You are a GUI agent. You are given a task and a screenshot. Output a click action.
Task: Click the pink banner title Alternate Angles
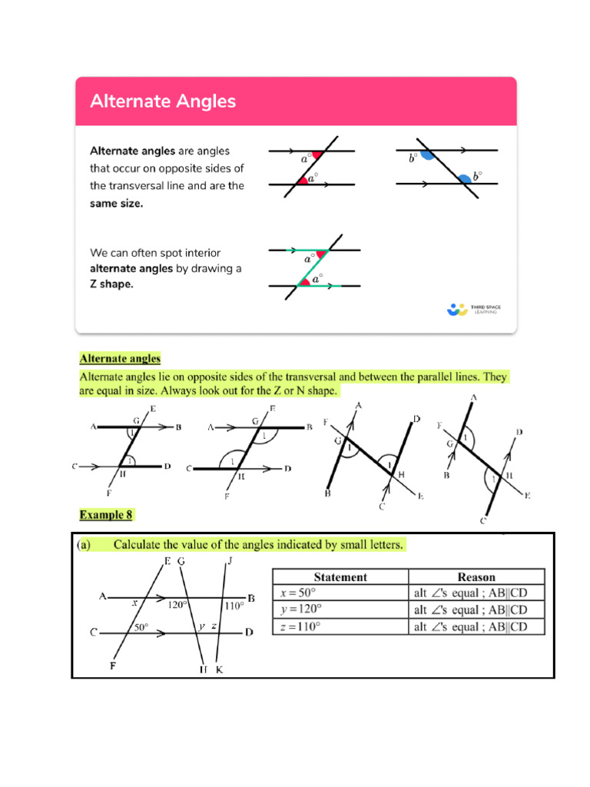[x=163, y=101]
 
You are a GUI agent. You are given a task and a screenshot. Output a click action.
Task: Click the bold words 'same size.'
[x=117, y=204]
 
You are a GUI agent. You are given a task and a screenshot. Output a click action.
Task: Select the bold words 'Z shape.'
[x=111, y=284]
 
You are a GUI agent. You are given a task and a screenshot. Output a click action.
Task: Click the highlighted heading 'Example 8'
[x=108, y=513]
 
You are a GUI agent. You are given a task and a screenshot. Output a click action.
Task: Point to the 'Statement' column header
[x=340, y=576]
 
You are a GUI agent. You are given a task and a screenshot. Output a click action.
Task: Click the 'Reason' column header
[x=476, y=576]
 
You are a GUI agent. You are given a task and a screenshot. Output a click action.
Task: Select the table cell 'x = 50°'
[x=299, y=593]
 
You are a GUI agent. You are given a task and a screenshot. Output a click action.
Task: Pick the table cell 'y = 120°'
[x=301, y=609]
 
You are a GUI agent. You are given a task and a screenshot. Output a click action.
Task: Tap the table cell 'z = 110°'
[x=300, y=626]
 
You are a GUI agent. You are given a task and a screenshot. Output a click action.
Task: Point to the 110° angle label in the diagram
[x=234, y=606]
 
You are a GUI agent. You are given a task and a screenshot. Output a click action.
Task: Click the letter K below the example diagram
[x=219, y=669]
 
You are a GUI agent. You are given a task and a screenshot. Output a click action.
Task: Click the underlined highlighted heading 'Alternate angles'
[x=120, y=358]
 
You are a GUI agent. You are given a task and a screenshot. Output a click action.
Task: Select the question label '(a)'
[x=84, y=545]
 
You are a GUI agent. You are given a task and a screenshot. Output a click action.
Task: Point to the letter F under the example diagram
[x=113, y=666]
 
